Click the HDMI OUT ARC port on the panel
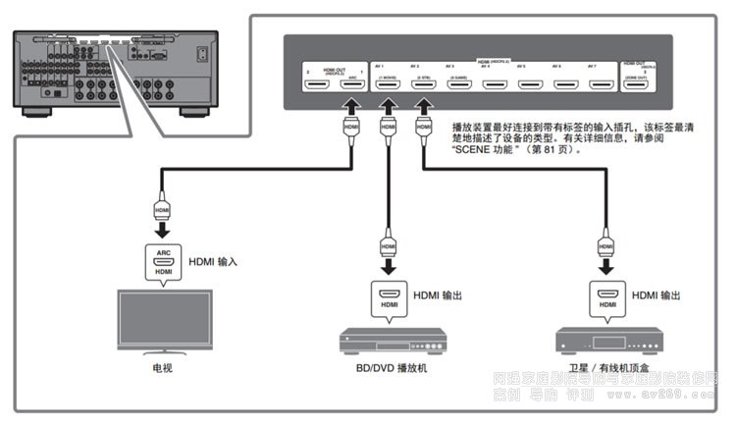click(x=350, y=84)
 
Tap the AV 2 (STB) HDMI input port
click(x=424, y=84)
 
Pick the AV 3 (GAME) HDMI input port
click(x=459, y=84)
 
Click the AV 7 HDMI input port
click(x=600, y=84)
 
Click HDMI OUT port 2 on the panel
click(x=316, y=84)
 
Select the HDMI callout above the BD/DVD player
click(x=388, y=299)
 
